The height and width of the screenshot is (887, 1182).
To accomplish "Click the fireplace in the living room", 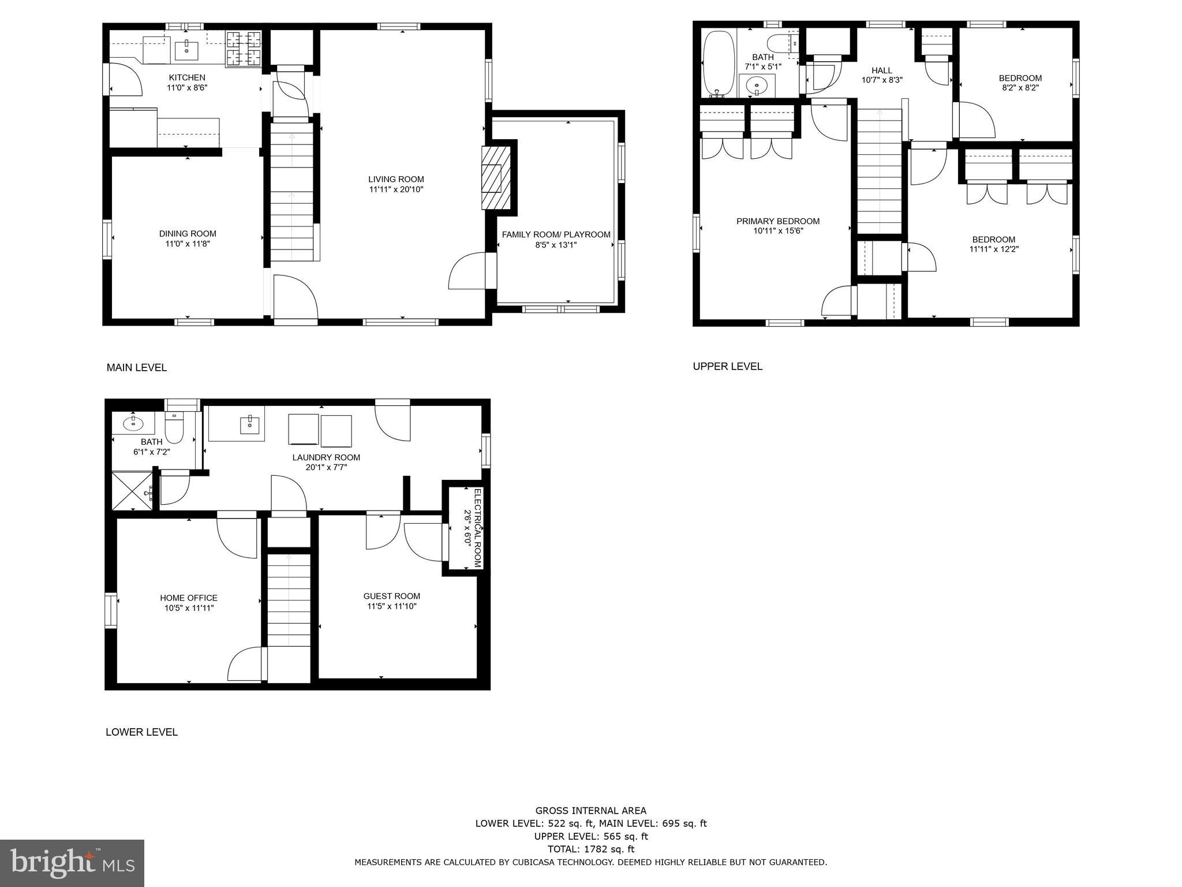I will tap(496, 177).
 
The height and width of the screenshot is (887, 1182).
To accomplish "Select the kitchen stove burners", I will tap(243, 49).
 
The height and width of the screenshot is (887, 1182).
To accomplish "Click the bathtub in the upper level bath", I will tap(719, 64).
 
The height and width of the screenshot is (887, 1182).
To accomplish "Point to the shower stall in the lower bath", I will tap(132, 491).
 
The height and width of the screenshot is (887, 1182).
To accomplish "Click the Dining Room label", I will tap(188, 234).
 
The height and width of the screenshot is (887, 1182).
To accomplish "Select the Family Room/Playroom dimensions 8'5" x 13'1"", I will tap(556, 245).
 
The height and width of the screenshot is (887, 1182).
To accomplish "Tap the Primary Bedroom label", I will tap(777, 221).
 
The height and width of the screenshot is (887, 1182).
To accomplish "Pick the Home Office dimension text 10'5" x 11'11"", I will tap(189, 608).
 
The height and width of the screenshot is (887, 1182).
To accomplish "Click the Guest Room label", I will tap(391, 596).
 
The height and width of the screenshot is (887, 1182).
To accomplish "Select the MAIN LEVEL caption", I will tap(137, 368).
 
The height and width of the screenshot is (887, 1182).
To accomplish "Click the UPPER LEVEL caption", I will tap(727, 366).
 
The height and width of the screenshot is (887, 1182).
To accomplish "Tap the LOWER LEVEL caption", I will tap(141, 732).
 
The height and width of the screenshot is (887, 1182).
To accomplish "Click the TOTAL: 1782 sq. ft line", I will tap(590, 849).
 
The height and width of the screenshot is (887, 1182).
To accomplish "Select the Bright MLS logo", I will tap(72, 863).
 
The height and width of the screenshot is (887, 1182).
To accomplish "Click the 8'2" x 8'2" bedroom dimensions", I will tap(1020, 88).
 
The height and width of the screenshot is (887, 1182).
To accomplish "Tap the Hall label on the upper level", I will tap(881, 70).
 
